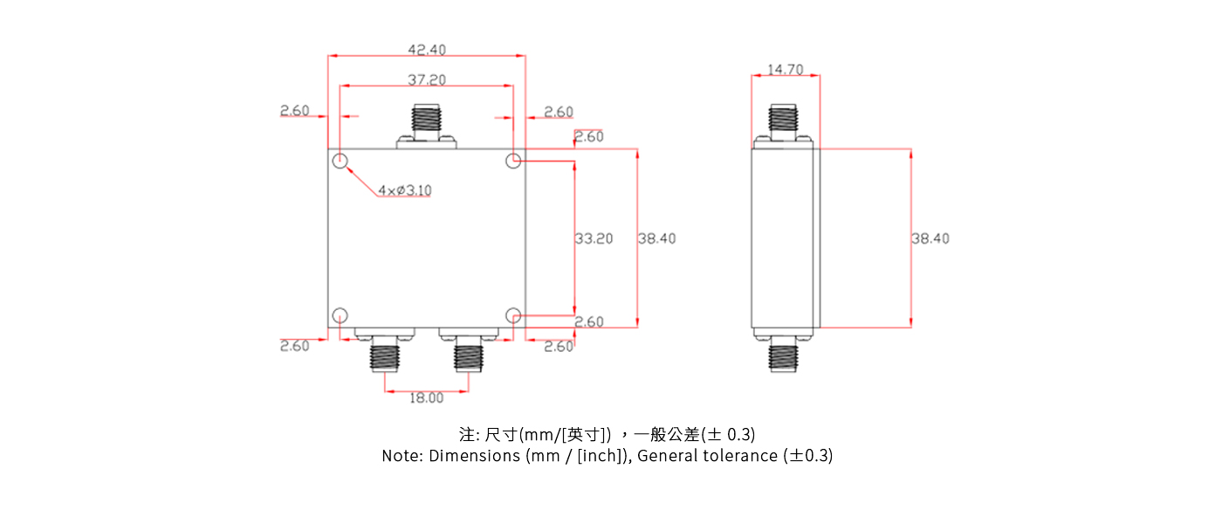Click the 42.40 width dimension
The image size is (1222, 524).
(427, 50)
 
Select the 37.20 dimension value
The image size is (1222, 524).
(427, 79)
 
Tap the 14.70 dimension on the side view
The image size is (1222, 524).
(786, 69)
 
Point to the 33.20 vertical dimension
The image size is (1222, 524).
(594, 238)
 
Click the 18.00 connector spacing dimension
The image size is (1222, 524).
(427, 398)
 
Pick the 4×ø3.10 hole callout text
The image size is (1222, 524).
(405, 190)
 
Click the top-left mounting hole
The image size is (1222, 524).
(340, 161)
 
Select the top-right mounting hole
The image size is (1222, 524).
(514, 161)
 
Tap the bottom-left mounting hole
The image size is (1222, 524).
(340, 315)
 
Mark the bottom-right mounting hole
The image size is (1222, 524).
(514, 315)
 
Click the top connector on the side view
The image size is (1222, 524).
(783, 123)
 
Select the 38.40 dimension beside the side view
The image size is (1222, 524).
(930, 238)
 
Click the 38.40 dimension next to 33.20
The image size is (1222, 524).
(656, 238)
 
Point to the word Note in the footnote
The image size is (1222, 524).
(402, 456)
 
